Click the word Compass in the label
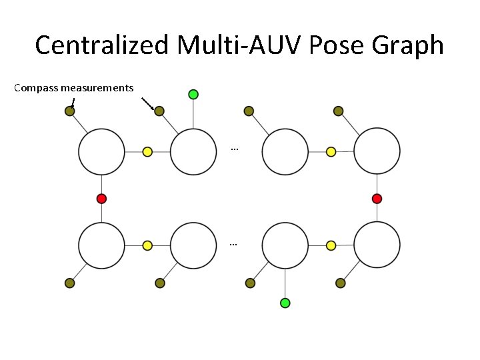36,88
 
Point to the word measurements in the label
97,88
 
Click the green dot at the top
193,94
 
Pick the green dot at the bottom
285,303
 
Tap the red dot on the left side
101,198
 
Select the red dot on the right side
377,198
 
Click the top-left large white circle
101,152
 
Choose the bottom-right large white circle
377,245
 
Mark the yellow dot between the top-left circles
147,152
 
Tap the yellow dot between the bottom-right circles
331,245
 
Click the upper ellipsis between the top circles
234,148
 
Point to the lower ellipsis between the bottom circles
233,244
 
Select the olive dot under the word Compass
69,111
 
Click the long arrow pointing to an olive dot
148,103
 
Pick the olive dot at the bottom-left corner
69,283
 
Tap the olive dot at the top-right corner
338,111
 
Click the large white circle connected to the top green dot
193,152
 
